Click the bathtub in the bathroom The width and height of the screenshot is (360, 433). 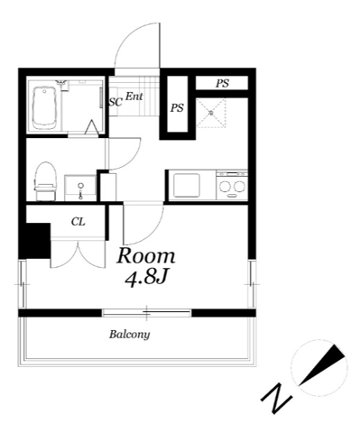[x=44, y=108]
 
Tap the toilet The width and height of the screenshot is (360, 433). [x=46, y=181]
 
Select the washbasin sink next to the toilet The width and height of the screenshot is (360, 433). [x=80, y=188]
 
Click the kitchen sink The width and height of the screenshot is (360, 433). [x=187, y=186]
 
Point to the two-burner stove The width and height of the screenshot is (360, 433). [x=232, y=186]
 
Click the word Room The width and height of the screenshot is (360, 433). [x=146, y=256]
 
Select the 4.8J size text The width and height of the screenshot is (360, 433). [x=146, y=279]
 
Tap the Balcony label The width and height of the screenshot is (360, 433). [x=129, y=335]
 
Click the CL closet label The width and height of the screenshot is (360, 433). [x=78, y=222]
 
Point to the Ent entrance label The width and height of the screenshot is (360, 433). [x=134, y=97]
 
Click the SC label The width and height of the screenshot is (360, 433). [x=115, y=102]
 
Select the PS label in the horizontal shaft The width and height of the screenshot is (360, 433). [x=222, y=83]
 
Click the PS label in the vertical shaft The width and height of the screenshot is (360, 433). [x=177, y=107]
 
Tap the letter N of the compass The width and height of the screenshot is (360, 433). [x=276, y=397]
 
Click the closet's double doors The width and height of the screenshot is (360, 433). [x=78, y=253]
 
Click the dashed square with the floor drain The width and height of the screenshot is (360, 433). [x=211, y=113]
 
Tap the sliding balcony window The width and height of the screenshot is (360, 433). [x=146, y=313]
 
